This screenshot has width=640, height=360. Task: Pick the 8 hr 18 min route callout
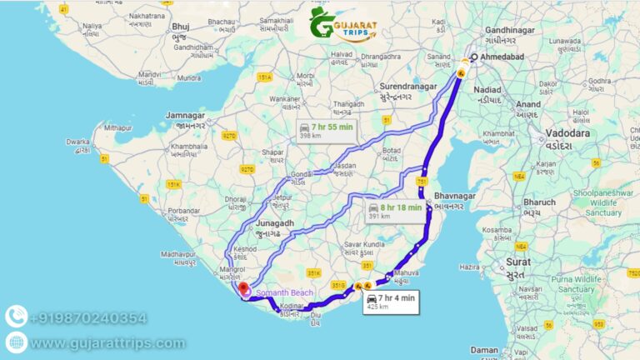394,212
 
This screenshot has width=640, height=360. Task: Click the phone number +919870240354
88,317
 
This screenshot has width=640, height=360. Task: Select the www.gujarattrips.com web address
107,343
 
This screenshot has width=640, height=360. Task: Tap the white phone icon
15,317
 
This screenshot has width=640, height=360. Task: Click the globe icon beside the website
15,342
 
